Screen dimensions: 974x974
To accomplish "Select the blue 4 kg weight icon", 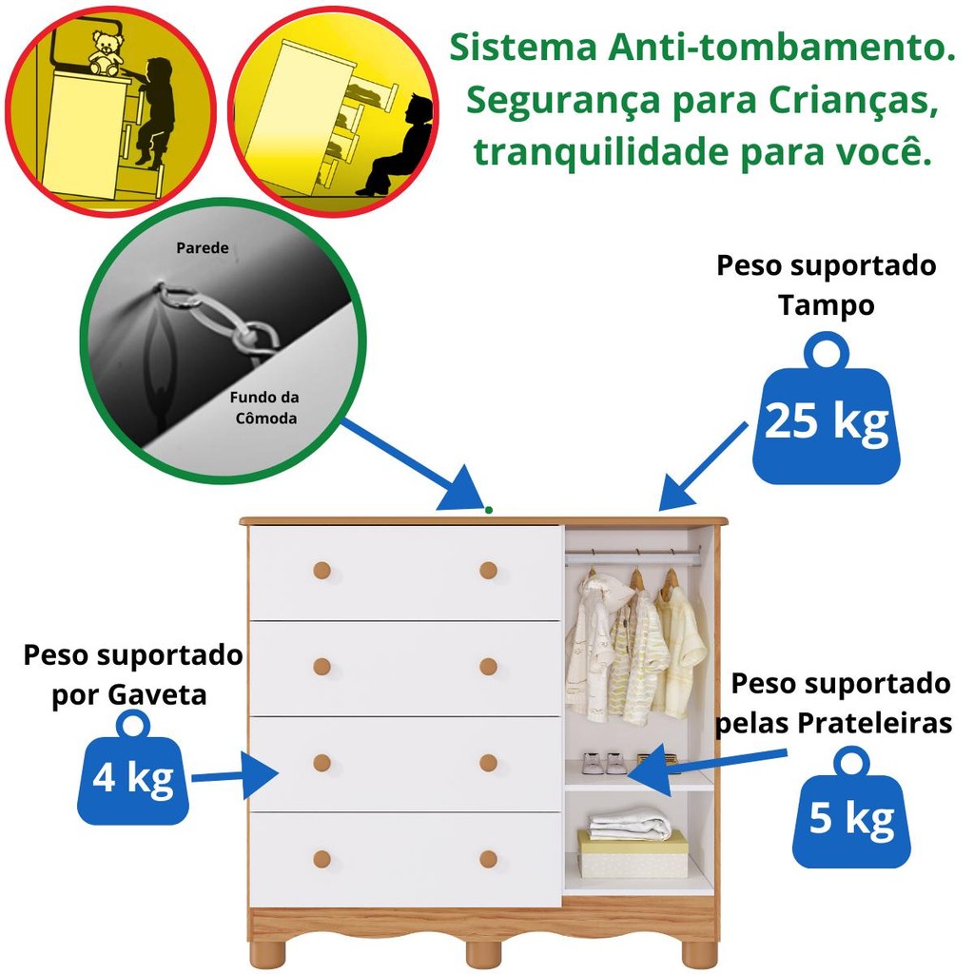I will point(133,776).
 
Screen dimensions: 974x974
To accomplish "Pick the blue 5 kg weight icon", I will point(851,816).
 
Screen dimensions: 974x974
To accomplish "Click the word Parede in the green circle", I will point(203,248).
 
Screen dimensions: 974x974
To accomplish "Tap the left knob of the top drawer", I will point(321,571).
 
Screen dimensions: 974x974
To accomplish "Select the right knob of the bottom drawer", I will point(488,859).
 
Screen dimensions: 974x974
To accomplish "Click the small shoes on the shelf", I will point(605,763).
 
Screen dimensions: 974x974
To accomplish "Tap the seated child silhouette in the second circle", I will point(399,148).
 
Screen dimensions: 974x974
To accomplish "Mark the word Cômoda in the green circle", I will point(263,419).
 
